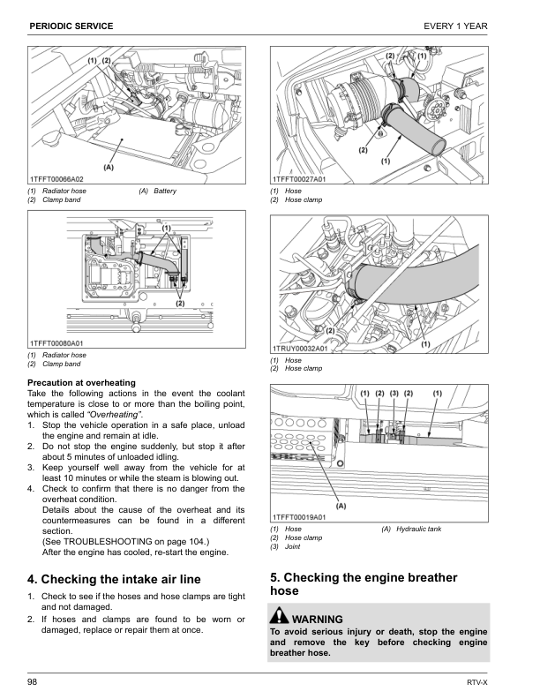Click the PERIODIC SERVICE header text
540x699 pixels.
(71, 26)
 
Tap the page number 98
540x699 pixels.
(34, 681)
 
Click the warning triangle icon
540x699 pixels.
(281, 618)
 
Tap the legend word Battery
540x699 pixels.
(165, 192)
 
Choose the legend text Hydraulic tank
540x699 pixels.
(418, 529)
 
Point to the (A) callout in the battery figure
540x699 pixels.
(109, 166)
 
